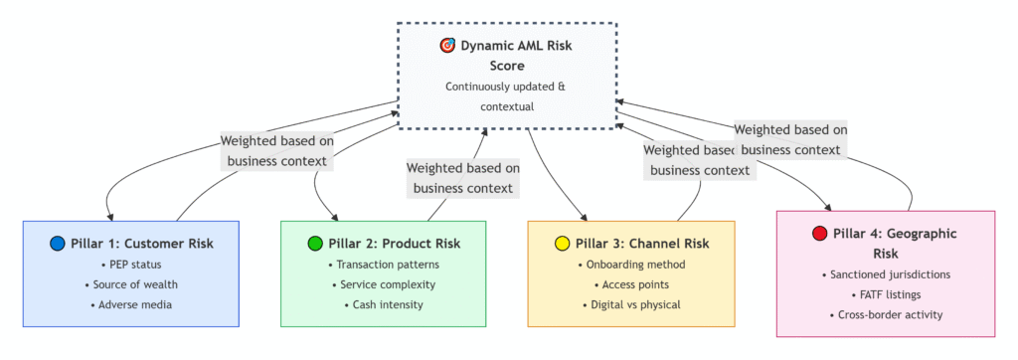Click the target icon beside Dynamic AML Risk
coord(448,46)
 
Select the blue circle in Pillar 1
coord(58,244)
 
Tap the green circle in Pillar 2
coord(315,244)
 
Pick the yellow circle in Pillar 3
coord(563,244)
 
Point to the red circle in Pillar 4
coord(820,234)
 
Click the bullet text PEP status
coord(131,266)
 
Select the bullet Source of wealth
coord(131,284)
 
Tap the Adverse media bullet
coord(131,304)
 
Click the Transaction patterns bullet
coord(383,266)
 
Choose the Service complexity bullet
coord(383,284)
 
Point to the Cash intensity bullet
coord(383,304)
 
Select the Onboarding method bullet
coord(631,266)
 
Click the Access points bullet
coord(631,284)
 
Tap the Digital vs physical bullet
coord(631,304)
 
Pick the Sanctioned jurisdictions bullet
coord(886,274)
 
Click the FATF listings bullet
coord(886,294)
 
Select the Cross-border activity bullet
coord(886,314)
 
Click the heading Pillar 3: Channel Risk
coord(642,244)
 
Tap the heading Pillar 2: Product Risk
coord(394,244)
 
